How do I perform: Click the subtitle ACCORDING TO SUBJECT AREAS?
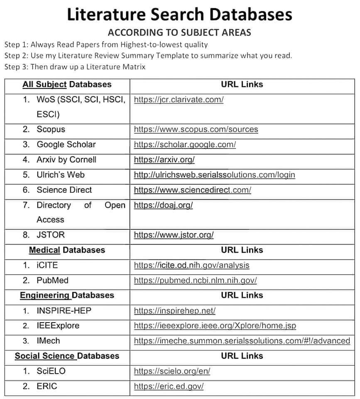[179, 33]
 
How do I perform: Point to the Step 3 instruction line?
[75, 66]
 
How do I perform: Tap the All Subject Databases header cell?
[67, 84]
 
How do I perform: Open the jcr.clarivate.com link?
[179, 100]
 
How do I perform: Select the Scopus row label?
[51, 129]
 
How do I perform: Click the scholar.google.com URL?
[185, 145]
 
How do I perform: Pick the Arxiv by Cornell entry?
[66, 160]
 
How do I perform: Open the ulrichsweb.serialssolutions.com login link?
[214, 175]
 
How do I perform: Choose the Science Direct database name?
[64, 190]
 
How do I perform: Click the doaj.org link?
[163, 205]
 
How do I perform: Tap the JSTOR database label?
[51, 235]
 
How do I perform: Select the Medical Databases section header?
[67, 250]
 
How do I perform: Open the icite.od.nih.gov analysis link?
[191, 265]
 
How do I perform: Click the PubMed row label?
[52, 281]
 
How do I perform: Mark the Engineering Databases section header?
[67, 296]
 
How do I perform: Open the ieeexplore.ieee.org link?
[215, 325]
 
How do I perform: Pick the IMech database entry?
[48, 341]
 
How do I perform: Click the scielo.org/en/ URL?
[172, 371]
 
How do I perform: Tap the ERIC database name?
[47, 387]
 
